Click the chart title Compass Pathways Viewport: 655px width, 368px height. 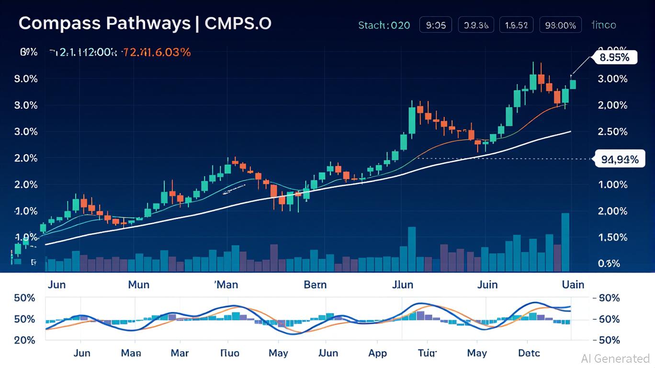104,23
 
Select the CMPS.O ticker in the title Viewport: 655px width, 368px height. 238,23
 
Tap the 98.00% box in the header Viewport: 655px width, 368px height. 560,25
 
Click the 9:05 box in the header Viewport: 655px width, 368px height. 436,25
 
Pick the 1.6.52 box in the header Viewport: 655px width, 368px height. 516,25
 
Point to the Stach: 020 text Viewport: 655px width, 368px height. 384,25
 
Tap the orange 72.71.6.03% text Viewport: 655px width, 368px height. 157,52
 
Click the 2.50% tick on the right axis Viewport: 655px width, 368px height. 613,132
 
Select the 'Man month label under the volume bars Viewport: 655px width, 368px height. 226,285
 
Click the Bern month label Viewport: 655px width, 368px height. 315,285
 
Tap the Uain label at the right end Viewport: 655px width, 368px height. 573,285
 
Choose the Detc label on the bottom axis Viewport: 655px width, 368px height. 529,353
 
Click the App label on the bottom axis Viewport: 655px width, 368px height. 377,353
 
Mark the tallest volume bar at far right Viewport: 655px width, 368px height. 565,242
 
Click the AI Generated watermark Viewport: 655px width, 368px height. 615,358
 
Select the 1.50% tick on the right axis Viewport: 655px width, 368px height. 613,238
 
